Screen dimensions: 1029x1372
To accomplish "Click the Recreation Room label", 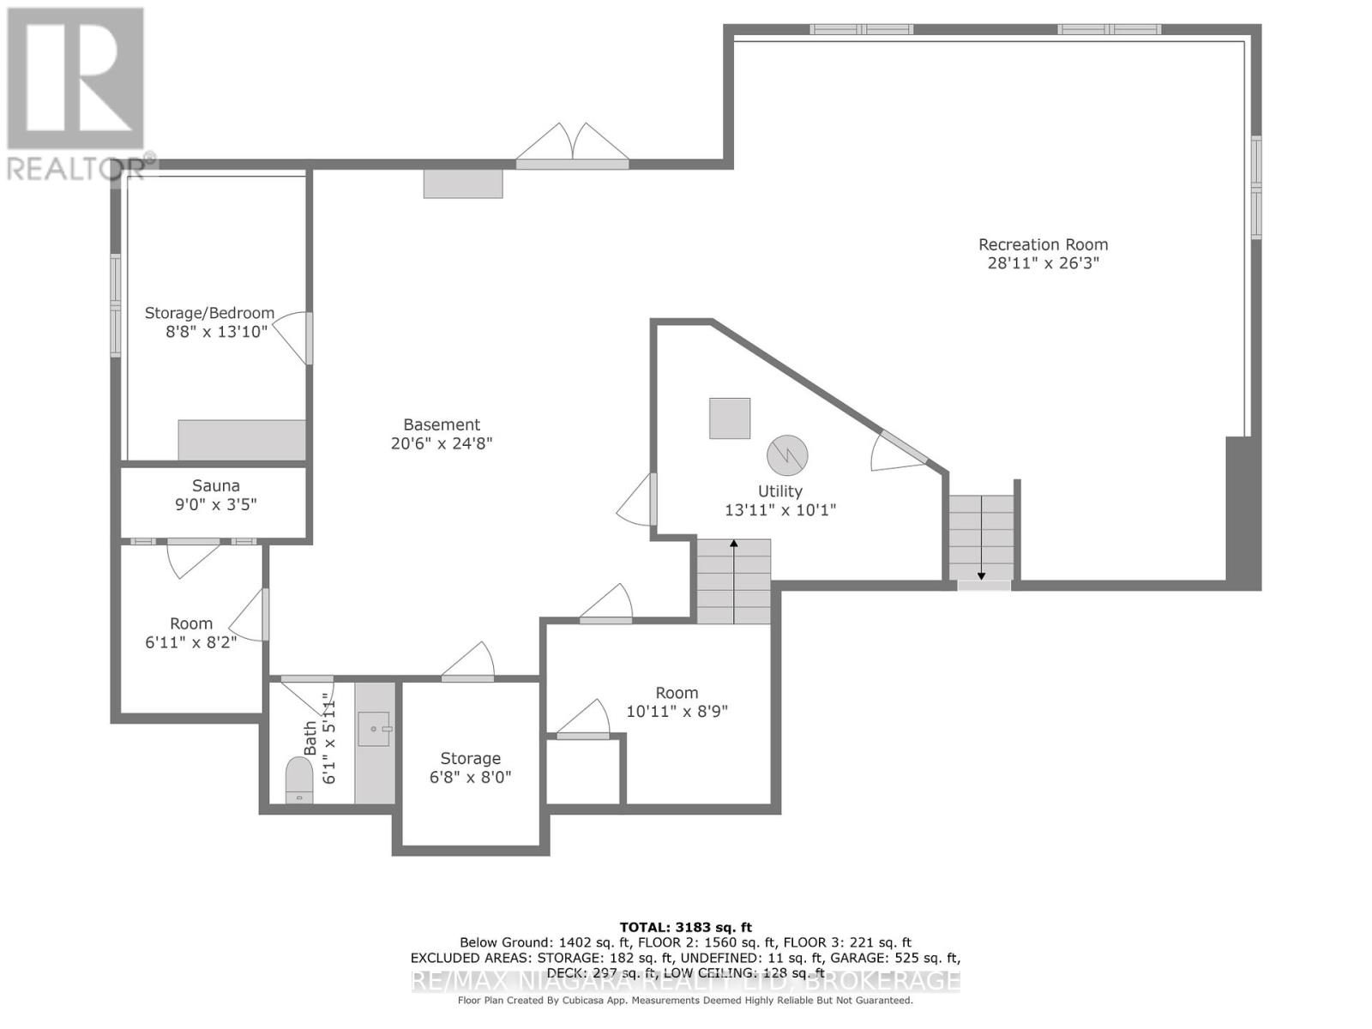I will pyautogui.click(x=1043, y=244).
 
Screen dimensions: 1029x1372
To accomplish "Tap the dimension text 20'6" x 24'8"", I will pyautogui.click(x=442, y=443).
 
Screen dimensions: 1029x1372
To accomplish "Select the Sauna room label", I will pyautogui.click(x=215, y=485).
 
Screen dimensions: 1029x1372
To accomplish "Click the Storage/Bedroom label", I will pyautogui.click(x=209, y=313).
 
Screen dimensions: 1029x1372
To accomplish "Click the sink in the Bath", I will pyautogui.click(x=375, y=729).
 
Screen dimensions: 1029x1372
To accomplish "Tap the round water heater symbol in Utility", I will pyautogui.click(x=786, y=455).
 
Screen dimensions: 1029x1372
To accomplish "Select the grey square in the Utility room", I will pyautogui.click(x=730, y=418).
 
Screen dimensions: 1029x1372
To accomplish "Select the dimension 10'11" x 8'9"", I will pyautogui.click(x=677, y=711).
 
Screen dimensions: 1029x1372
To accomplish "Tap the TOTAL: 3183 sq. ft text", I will pyautogui.click(x=685, y=927).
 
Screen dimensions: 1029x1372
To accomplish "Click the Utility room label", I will pyautogui.click(x=779, y=491).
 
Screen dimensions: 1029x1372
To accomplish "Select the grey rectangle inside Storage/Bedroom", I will pyautogui.click(x=242, y=440).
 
